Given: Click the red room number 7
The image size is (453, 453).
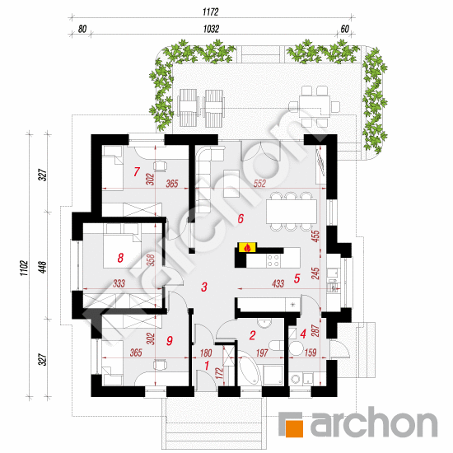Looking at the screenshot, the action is pos(137,171).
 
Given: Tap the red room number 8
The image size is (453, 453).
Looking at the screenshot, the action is pos(120,258).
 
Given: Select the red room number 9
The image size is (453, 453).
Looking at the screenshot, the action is pos(170,341).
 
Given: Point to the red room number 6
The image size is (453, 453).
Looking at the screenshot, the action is pos(241,219).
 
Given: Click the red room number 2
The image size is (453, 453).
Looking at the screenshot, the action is pos(253,335).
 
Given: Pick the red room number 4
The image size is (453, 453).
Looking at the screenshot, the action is pos(303,334).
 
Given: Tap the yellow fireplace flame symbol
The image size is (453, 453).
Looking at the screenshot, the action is pos(247,247).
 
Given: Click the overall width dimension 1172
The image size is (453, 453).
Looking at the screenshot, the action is pos(211,12).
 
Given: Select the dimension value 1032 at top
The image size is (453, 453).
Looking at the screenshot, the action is pos(211,29).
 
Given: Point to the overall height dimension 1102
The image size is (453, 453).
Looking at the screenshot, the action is pos(24,269).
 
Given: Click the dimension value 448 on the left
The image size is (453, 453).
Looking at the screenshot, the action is pos(43,268).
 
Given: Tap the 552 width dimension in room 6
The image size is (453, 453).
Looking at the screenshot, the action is pos(259,184).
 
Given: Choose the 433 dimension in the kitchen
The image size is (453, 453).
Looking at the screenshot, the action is pos(278,283).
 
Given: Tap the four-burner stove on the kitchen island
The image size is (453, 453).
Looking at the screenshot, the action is pos(273,260).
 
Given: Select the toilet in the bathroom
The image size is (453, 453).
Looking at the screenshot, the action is pos(277,345).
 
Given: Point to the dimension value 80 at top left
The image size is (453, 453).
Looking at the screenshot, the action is pos(82,29).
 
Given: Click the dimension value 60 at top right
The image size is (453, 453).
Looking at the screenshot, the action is pos(345,29).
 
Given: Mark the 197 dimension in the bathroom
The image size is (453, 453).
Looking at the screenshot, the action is pos(262,353).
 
